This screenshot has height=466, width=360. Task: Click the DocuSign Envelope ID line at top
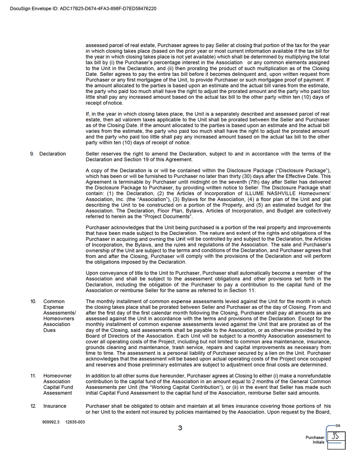click(83, 8)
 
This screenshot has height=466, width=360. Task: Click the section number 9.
click(32, 154)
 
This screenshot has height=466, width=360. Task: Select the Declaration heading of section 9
click(52, 154)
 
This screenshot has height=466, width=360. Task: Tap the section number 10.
click(33, 301)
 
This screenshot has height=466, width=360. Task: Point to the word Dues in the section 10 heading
click(49, 330)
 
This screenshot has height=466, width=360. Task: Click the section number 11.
click(33, 376)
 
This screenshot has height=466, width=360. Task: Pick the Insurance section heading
click(55, 406)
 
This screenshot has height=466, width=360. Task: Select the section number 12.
click(33, 406)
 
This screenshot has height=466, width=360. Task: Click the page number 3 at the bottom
click(180, 428)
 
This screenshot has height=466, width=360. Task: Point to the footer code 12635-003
click(75, 422)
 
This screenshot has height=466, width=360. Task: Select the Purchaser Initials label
click(315, 440)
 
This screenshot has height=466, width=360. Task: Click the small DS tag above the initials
click(337, 426)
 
